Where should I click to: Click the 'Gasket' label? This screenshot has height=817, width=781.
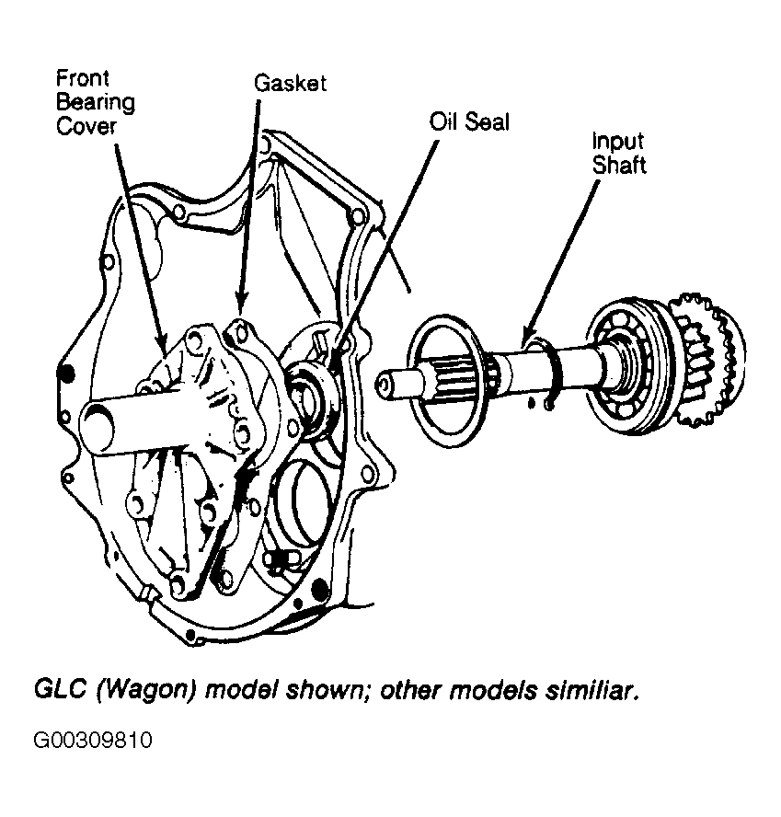(290, 84)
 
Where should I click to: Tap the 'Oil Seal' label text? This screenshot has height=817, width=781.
(469, 122)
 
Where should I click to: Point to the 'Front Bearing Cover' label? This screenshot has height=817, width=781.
(96, 103)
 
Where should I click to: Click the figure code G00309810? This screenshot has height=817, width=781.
(93, 740)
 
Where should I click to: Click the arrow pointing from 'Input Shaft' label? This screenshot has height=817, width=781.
(560, 262)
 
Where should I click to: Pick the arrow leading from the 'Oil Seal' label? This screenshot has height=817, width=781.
(383, 249)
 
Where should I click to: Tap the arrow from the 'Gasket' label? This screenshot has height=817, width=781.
(248, 203)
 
